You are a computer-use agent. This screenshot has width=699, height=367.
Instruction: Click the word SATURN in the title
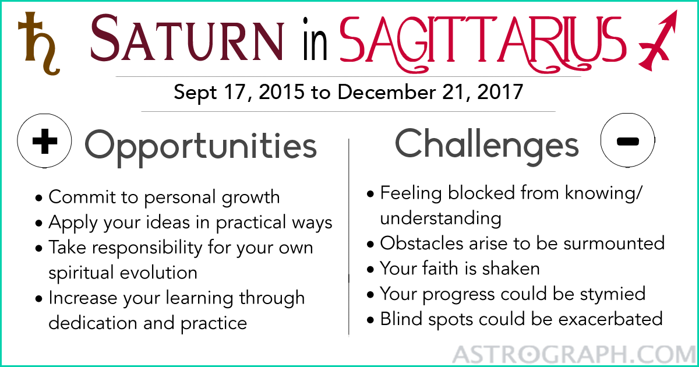click(x=187, y=38)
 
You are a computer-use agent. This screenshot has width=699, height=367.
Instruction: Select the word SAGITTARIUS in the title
click(x=483, y=43)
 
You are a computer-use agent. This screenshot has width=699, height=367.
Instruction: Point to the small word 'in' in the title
click(x=315, y=40)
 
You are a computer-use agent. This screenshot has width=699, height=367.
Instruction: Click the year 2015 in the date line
click(x=281, y=92)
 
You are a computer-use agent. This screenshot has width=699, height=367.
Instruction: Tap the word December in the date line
click(x=387, y=92)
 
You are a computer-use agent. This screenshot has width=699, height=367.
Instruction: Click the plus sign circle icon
click(x=44, y=141)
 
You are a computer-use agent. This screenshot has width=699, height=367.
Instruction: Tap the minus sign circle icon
click(x=627, y=140)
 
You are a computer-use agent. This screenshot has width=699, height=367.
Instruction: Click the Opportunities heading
click(x=200, y=147)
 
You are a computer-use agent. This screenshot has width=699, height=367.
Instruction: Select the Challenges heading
click(x=487, y=146)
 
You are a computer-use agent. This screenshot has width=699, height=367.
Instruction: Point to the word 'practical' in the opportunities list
click(x=251, y=223)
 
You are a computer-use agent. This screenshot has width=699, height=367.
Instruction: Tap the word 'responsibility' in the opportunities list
click(x=147, y=248)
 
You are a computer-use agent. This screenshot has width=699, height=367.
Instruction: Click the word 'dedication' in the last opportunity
click(x=93, y=322)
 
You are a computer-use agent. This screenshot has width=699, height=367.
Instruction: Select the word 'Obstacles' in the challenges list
click(x=422, y=243)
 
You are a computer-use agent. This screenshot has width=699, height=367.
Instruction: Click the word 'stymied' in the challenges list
click(x=613, y=294)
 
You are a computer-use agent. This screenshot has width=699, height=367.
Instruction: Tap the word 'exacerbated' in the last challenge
click(x=610, y=319)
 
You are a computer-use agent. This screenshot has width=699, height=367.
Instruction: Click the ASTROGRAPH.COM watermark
click(x=574, y=355)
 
